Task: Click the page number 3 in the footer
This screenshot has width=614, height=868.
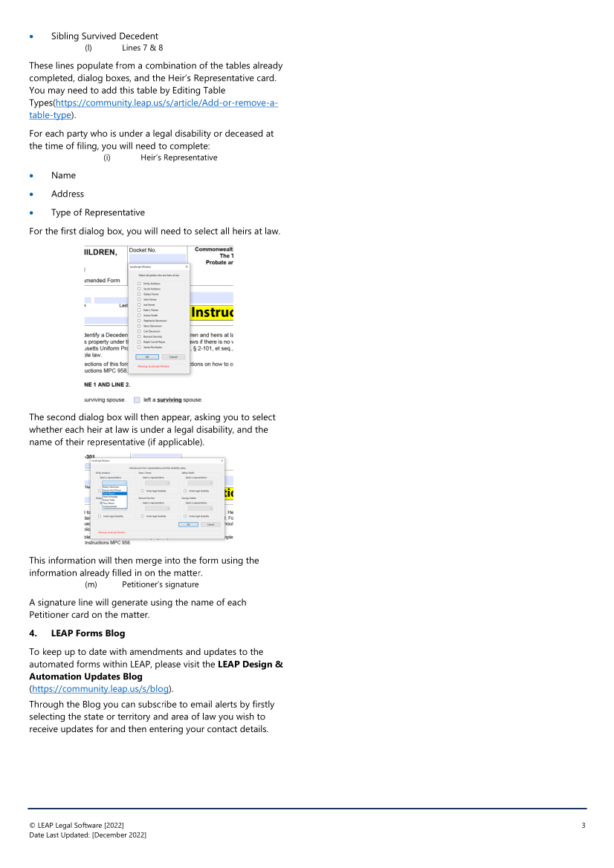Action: [584, 826]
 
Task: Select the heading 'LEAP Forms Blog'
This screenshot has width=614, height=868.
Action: [88, 633]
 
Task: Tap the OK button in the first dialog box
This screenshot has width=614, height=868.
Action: [147, 356]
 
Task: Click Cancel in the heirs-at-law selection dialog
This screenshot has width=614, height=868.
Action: [173, 356]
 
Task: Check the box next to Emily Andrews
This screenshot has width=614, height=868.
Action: [139, 284]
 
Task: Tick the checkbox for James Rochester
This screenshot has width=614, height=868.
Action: [139, 347]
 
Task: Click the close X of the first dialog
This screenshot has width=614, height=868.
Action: [187, 266]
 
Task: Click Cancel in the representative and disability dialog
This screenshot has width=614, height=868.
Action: [210, 524]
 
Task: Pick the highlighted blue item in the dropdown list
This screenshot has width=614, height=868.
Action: [114, 493]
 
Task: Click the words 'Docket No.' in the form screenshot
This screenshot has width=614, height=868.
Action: [143, 250]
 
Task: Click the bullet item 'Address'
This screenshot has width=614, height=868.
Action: [68, 194]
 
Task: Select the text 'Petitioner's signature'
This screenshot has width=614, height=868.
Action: [160, 584]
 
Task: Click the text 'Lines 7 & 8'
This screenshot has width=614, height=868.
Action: [142, 48]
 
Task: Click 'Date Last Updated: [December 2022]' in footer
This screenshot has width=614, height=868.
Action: [88, 835]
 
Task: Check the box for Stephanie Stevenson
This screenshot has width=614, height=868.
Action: [139, 321]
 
